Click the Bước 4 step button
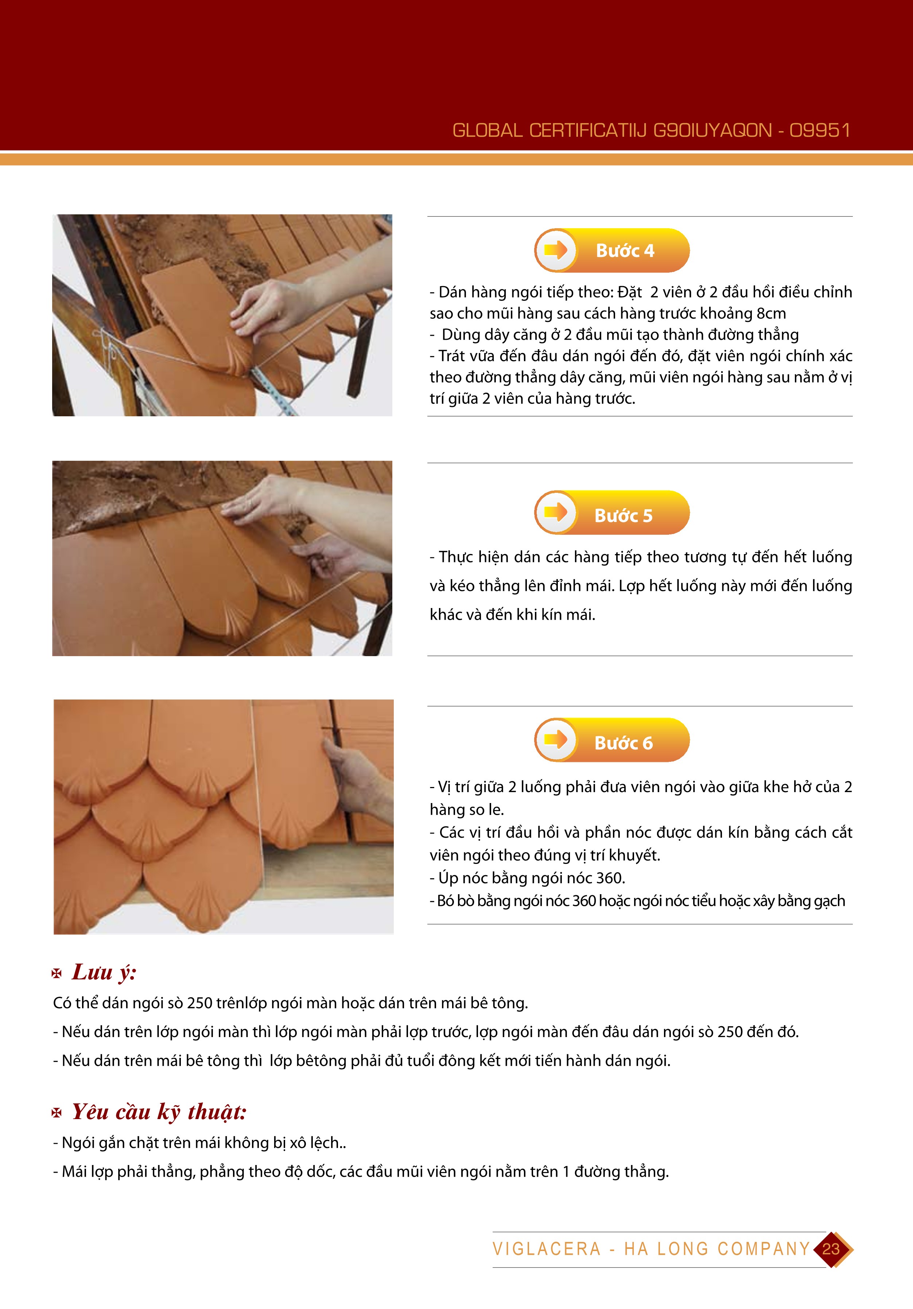pos(612,250)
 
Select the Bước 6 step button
pos(612,740)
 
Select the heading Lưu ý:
pos(104,972)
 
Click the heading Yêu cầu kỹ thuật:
pos(159,1112)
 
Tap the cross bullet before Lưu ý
pos(57,974)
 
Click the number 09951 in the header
pos(820,130)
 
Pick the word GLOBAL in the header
pos(487,130)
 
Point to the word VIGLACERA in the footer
pos(547,1249)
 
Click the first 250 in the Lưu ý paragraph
pos(198,1003)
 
